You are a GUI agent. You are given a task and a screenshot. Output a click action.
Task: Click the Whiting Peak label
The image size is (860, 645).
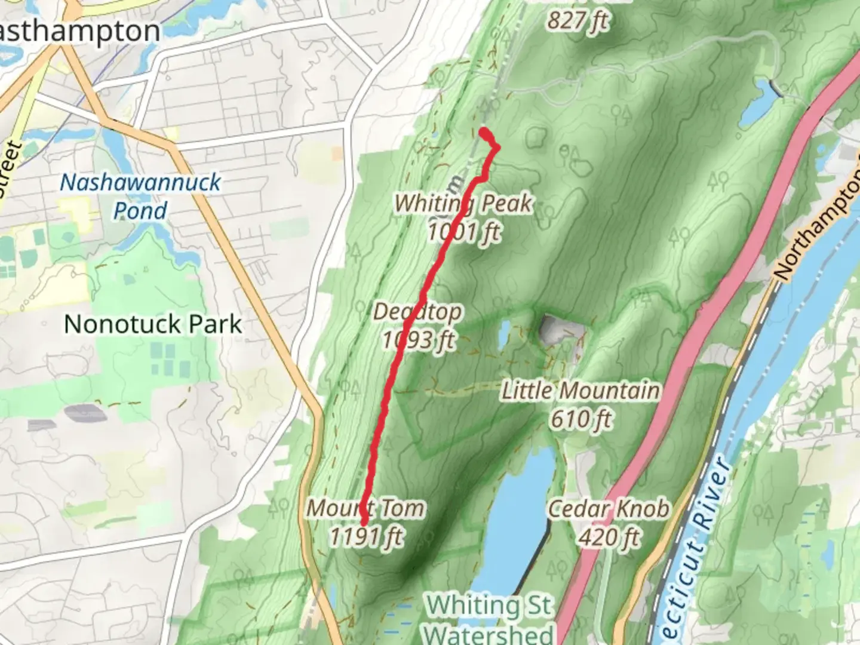(463, 204)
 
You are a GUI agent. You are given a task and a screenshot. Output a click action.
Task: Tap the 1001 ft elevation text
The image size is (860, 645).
(463, 232)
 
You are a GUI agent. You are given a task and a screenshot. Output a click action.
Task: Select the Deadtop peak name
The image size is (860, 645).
(417, 312)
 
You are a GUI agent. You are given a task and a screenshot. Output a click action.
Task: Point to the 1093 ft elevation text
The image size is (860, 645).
(418, 340)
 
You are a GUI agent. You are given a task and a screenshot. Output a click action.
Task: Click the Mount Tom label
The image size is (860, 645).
(366, 508)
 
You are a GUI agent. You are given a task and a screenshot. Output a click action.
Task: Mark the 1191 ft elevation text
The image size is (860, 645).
(366, 537)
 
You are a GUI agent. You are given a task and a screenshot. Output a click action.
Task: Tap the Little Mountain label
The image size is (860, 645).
(580, 391)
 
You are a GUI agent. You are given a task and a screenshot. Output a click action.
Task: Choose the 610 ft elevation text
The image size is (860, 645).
(580, 419)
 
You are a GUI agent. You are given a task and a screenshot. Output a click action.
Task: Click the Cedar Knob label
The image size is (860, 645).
(609, 509)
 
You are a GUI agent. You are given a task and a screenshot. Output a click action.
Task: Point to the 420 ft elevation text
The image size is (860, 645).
(609, 537)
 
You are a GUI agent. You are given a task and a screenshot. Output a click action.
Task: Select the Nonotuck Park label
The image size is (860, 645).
(153, 324)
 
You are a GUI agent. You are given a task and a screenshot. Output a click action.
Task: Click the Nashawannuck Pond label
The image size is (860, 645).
(140, 196)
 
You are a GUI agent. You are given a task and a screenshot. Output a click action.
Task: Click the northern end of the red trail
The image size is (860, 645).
(483, 131)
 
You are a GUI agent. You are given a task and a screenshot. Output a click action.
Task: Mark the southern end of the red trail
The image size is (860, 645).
(364, 524)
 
